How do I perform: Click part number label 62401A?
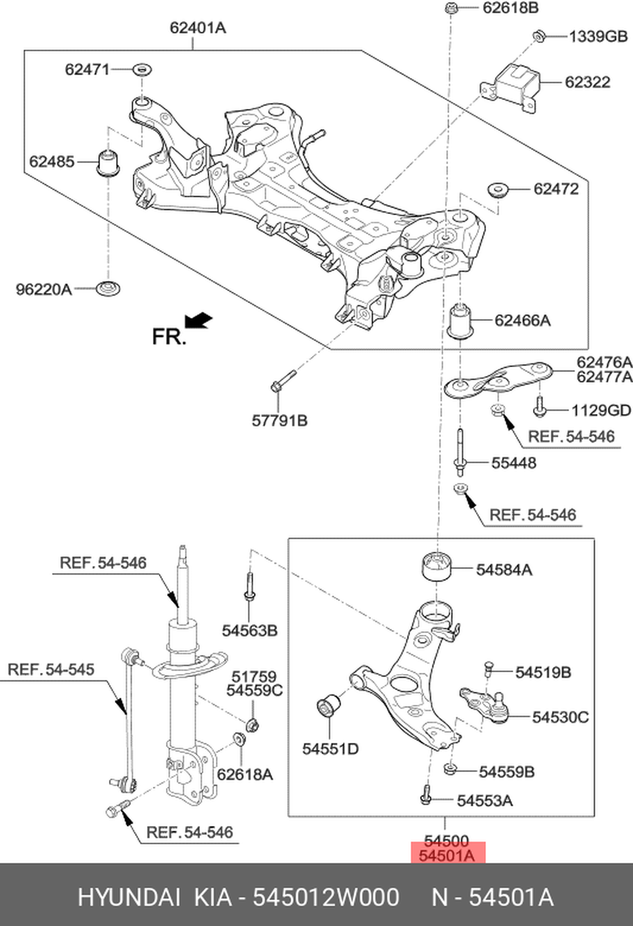point(197,28)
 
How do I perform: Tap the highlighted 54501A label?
point(447,856)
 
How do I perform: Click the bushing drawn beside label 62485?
point(108,162)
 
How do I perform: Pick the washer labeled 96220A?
point(108,288)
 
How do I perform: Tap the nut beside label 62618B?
point(451,8)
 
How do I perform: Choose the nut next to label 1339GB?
point(539,36)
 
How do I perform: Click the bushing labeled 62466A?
point(461,320)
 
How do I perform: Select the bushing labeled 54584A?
point(437,565)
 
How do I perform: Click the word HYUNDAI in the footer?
point(128,898)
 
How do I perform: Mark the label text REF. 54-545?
point(51,669)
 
